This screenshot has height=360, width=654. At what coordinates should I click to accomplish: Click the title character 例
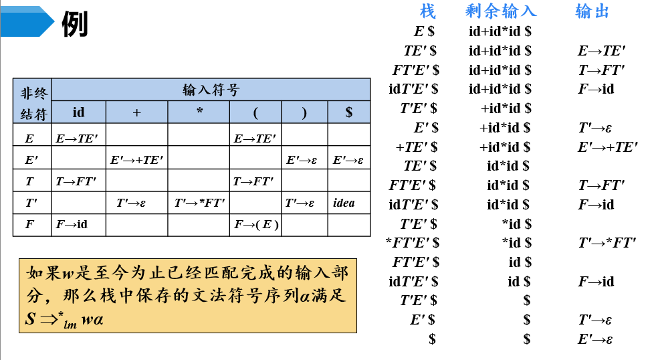[x=75, y=25]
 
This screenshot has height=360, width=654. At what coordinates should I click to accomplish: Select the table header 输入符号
[x=211, y=90]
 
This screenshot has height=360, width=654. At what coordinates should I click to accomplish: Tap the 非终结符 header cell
[x=32, y=101]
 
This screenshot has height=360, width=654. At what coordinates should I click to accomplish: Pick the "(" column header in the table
[x=255, y=112]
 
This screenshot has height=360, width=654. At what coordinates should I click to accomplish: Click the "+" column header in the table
[x=136, y=112]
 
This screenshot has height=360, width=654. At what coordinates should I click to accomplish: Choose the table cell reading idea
[x=344, y=203]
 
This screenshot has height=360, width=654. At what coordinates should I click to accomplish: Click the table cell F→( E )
[x=256, y=225]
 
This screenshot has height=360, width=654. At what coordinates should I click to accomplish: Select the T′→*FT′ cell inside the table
[x=199, y=203]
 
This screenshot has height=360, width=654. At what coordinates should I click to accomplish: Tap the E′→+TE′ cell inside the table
[x=136, y=160]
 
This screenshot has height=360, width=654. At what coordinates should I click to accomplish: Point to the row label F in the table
[x=29, y=225]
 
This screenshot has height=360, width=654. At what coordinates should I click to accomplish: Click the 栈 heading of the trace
[x=427, y=11]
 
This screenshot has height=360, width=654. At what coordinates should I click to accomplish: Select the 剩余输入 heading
[x=501, y=11]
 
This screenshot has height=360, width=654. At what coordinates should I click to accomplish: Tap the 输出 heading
[x=592, y=11]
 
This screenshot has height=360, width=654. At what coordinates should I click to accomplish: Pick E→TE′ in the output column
[x=601, y=50]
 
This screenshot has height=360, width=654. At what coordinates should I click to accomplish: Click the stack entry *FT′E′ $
[x=413, y=243]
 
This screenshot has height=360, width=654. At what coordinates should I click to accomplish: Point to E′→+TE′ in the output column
[x=607, y=147]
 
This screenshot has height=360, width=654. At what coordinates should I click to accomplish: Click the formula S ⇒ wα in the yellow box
[x=64, y=319]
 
